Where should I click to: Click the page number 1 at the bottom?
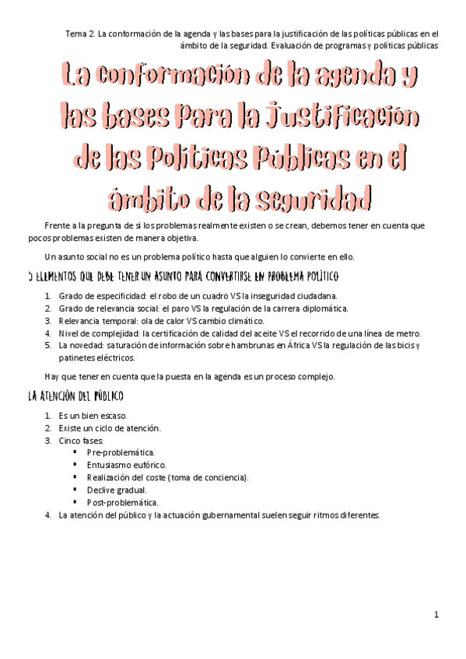(x=436, y=615)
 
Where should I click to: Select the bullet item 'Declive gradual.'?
(x=117, y=490)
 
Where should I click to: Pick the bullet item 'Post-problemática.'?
(x=122, y=502)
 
